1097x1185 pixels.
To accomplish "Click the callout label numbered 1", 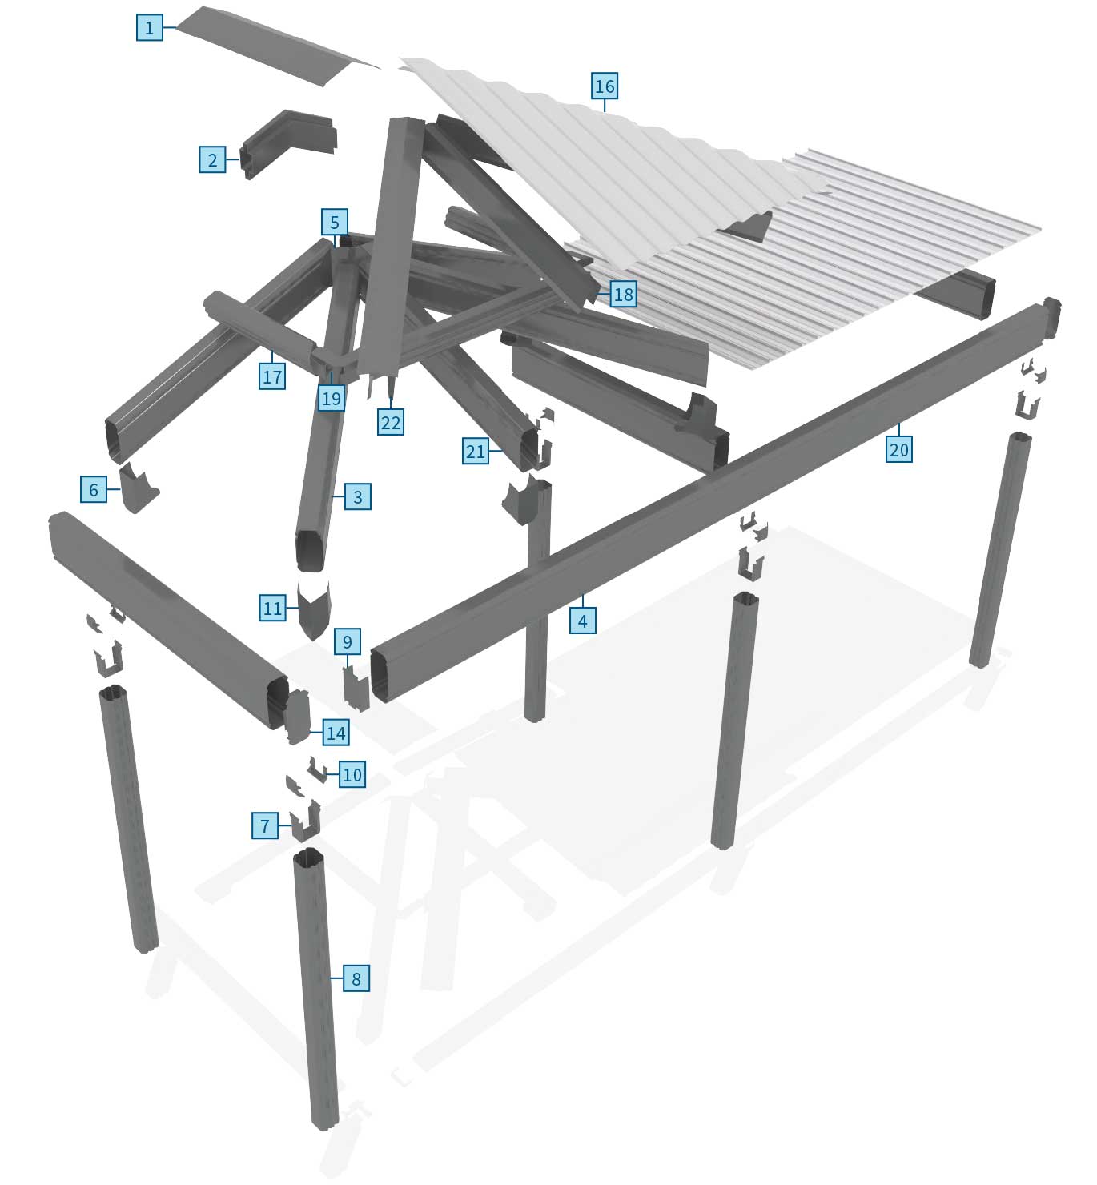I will [x=149, y=28].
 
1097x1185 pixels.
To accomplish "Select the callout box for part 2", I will [x=212, y=159].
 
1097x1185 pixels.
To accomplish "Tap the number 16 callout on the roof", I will [x=605, y=86].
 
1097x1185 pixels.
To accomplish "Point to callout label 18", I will [x=623, y=295].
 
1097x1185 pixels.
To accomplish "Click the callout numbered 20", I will [x=898, y=449].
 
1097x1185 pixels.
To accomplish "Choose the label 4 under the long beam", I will [x=582, y=621].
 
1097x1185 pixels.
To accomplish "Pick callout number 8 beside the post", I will [x=356, y=978].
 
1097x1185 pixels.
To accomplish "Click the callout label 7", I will [x=265, y=825].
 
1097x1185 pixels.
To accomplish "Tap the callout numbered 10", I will [x=352, y=774].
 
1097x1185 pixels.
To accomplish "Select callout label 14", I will [x=336, y=732].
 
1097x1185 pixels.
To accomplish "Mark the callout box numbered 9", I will [x=347, y=641].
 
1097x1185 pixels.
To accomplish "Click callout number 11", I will [x=272, y=608].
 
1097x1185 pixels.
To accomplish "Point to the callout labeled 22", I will [x=390, y=422].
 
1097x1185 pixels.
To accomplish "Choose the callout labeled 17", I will [x=272, y=376].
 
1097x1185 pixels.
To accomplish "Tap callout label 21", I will [x=475, y=452].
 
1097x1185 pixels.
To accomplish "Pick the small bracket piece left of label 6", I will [x=137, y=488].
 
